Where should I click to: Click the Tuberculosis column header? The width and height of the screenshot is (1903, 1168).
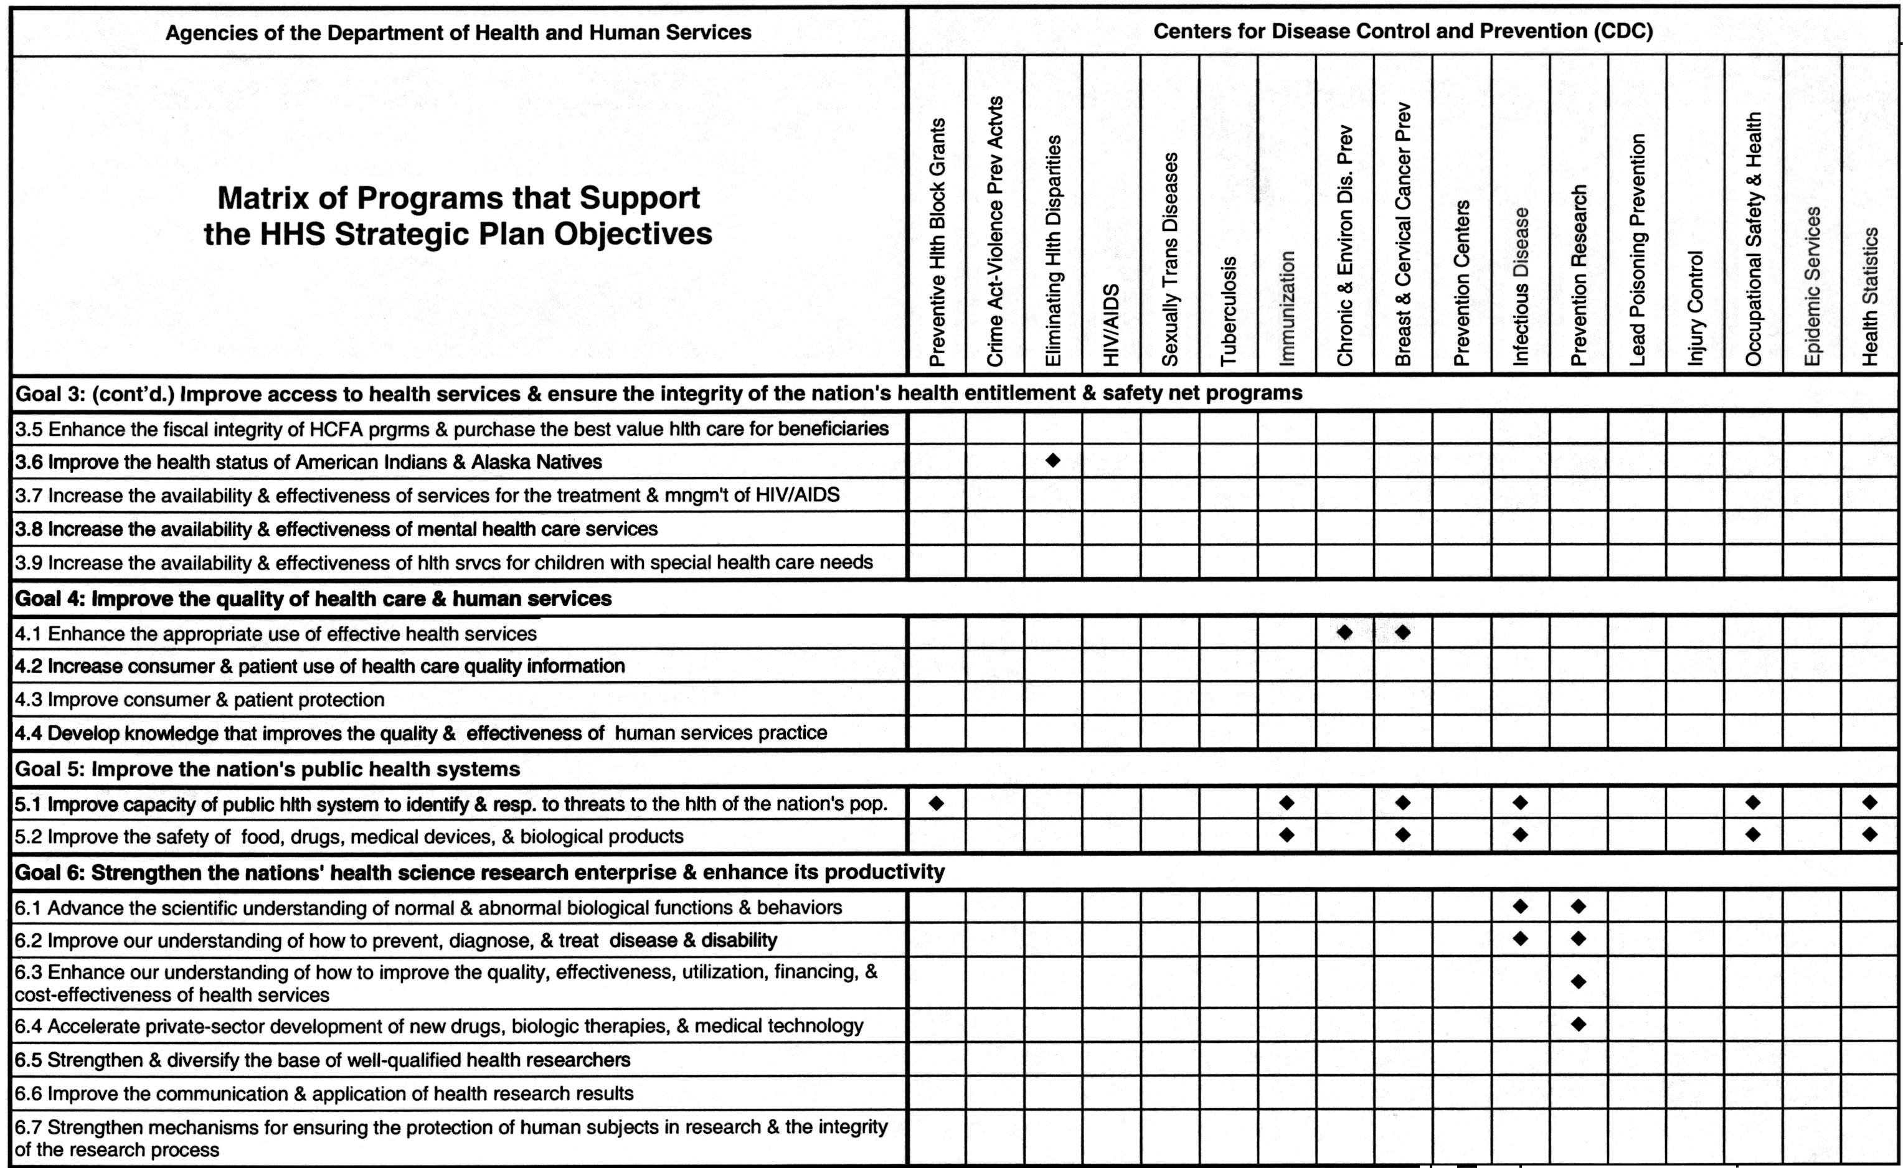point(1229,311)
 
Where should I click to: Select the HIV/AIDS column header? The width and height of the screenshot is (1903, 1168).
point(1111,324)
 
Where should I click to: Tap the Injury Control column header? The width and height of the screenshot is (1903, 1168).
point(1695,308)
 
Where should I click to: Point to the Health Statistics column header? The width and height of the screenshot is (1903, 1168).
point(1870,296)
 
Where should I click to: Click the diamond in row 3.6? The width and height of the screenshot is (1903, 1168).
point(1053,460)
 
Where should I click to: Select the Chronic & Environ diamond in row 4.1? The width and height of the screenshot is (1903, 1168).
point(1344,633)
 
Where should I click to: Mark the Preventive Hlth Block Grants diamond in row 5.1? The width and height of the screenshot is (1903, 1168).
point(937,803)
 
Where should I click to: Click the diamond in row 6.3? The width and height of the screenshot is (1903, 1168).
point(1579,982)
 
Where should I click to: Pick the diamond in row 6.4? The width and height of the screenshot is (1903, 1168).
point(1579,1024)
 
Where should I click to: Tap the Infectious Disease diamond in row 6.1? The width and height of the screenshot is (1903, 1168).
point(1520,906)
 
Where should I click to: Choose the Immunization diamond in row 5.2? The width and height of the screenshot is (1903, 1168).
point(1287,835)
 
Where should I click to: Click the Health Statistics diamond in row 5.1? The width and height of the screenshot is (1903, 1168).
point(1870,803)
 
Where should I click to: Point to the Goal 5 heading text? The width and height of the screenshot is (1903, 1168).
point(267,770)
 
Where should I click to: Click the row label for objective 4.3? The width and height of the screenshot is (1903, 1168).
point(199,700)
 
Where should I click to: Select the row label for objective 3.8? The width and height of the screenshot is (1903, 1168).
point(336,529)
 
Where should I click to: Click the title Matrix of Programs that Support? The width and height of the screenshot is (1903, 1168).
point(458,198)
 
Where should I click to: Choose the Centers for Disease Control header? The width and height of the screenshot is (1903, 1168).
point(1402,32)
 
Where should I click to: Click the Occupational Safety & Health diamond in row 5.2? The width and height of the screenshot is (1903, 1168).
point(1753,835)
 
